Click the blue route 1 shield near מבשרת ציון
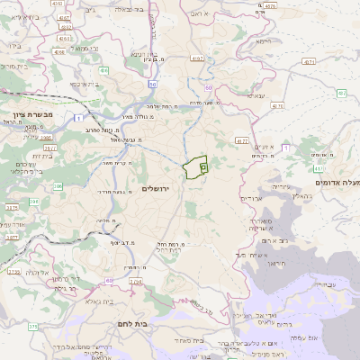[80, 117]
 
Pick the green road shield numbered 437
[342, 94]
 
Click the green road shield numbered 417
[319, 167]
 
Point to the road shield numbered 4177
[241, 142]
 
